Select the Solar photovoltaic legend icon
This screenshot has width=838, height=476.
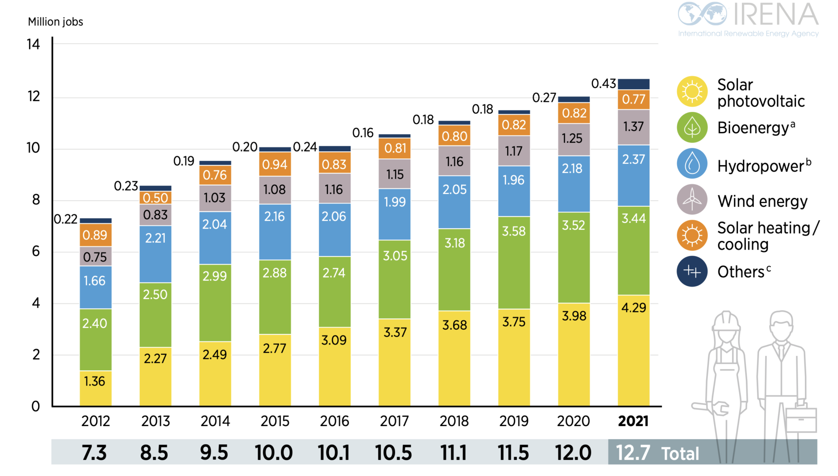(692, 92)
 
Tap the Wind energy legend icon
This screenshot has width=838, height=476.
(692, 200)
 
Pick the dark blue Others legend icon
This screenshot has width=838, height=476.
(692, 271)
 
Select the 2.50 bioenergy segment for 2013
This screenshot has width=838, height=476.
(155, 315)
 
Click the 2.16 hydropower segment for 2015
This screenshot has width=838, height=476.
(275, 232)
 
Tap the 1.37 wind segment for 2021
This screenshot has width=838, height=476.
(634, 127)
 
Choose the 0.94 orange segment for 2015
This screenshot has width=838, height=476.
(275, 164)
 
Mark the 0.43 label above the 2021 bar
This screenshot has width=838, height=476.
(603, 83)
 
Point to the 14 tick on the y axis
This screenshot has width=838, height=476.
(33, 44)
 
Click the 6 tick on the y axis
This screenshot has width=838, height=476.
(36, 251)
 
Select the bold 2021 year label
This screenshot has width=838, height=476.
(633, 421)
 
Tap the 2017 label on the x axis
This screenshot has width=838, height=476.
(394, 421)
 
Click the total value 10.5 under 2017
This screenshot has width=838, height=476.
(394, 453)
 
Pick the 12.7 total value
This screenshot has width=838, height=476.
(633, 453)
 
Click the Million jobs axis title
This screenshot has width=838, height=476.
(55, 22)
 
